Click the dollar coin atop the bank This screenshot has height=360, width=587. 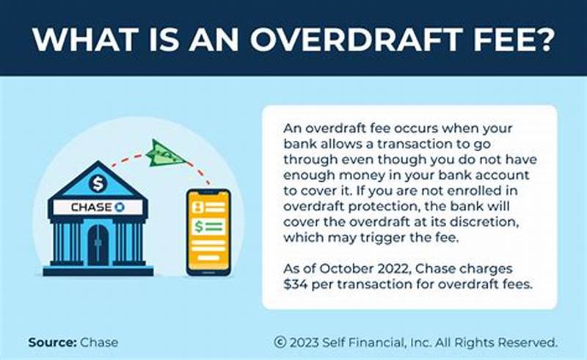coord(97,183)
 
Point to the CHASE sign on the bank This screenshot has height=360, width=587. coord(97,207)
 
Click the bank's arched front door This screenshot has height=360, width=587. coord(98,245)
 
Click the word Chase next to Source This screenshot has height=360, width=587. coord(99,342)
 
